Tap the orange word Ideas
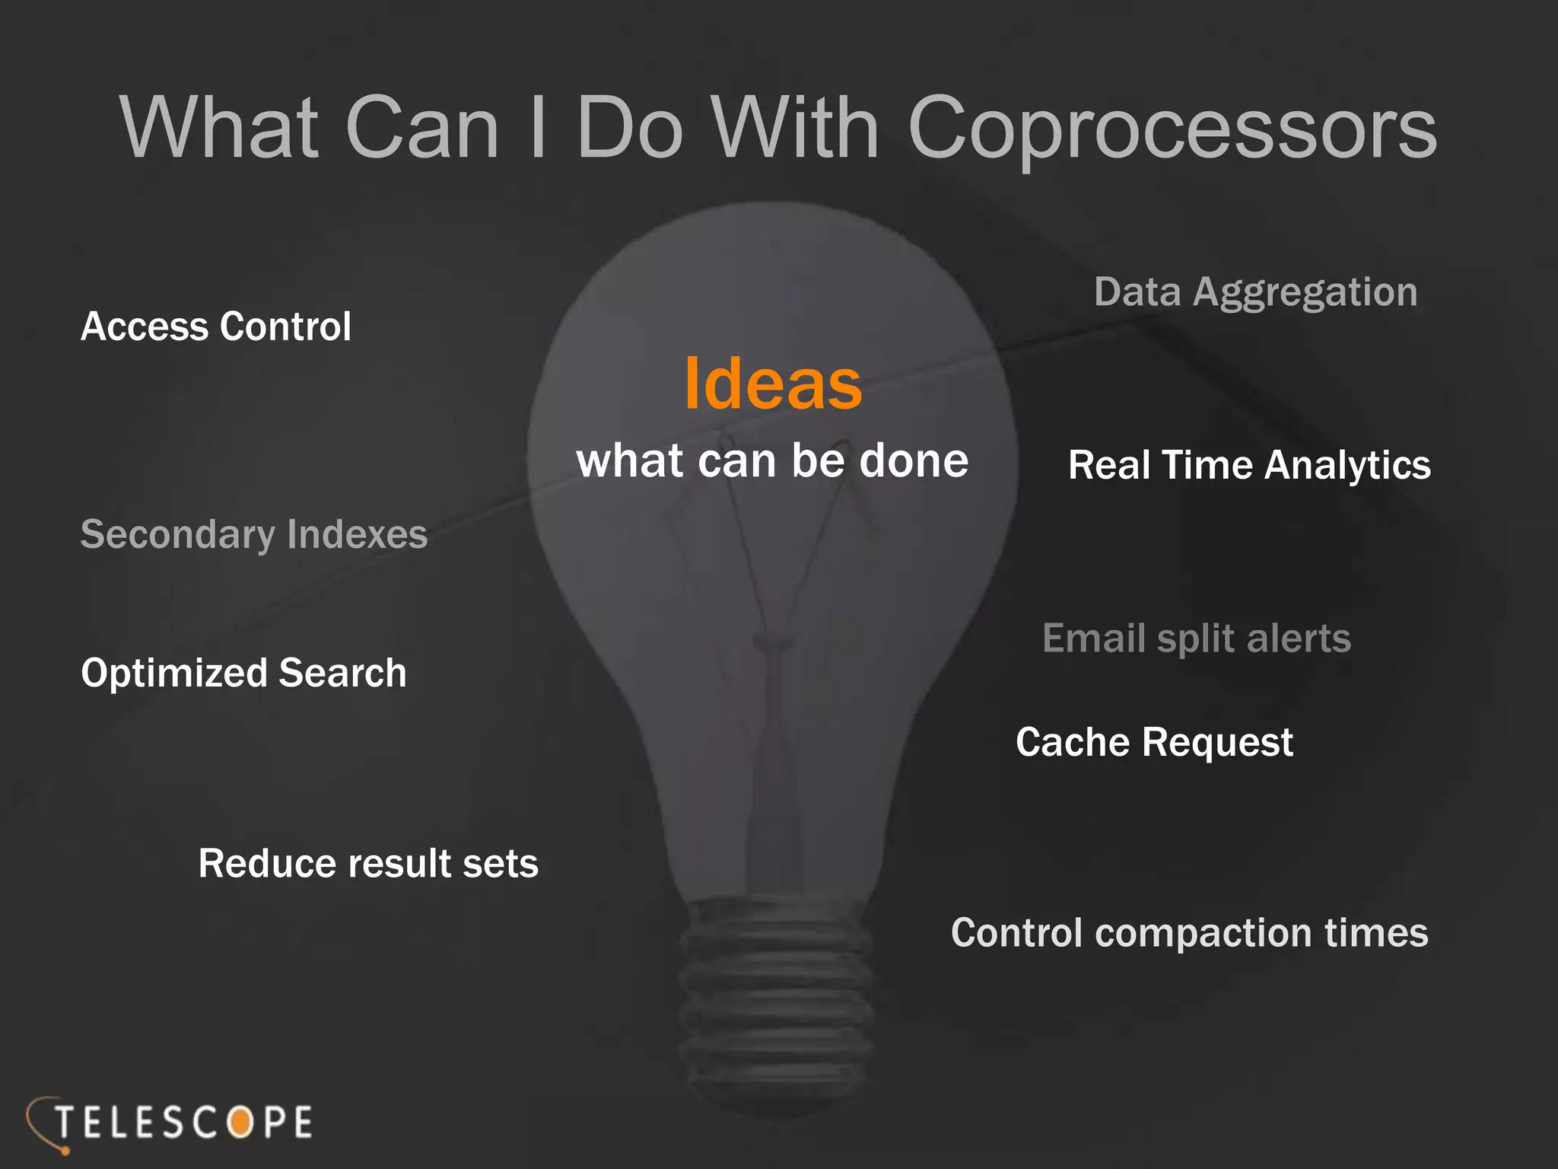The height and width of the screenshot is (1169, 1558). [773, 384]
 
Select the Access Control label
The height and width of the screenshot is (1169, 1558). [216, 326]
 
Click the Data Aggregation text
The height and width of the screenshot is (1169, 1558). [1255, 292]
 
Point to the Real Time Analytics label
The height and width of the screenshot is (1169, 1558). [1249, 465]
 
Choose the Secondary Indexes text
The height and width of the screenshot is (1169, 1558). [254, 534]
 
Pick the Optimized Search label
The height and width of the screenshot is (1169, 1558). [243, 673]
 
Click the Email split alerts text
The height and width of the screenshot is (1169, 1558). [1196, 638]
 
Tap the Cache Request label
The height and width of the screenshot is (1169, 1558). [1154, 742]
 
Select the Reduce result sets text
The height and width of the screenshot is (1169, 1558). [368, 864]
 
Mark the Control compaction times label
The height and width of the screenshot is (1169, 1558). [1189, 933]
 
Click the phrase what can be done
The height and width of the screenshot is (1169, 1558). [772, 460]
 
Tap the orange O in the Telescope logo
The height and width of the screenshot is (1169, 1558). [240, 1123]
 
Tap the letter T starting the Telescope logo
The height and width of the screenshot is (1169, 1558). [65, 1123]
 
